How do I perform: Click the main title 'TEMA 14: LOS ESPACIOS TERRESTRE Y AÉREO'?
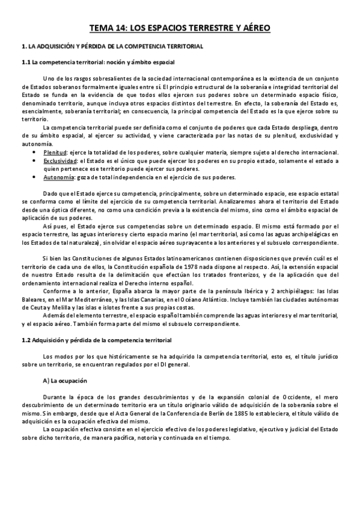(180, 28)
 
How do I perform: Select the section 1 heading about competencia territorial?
(112, 46)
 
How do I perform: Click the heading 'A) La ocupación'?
(66, 381)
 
